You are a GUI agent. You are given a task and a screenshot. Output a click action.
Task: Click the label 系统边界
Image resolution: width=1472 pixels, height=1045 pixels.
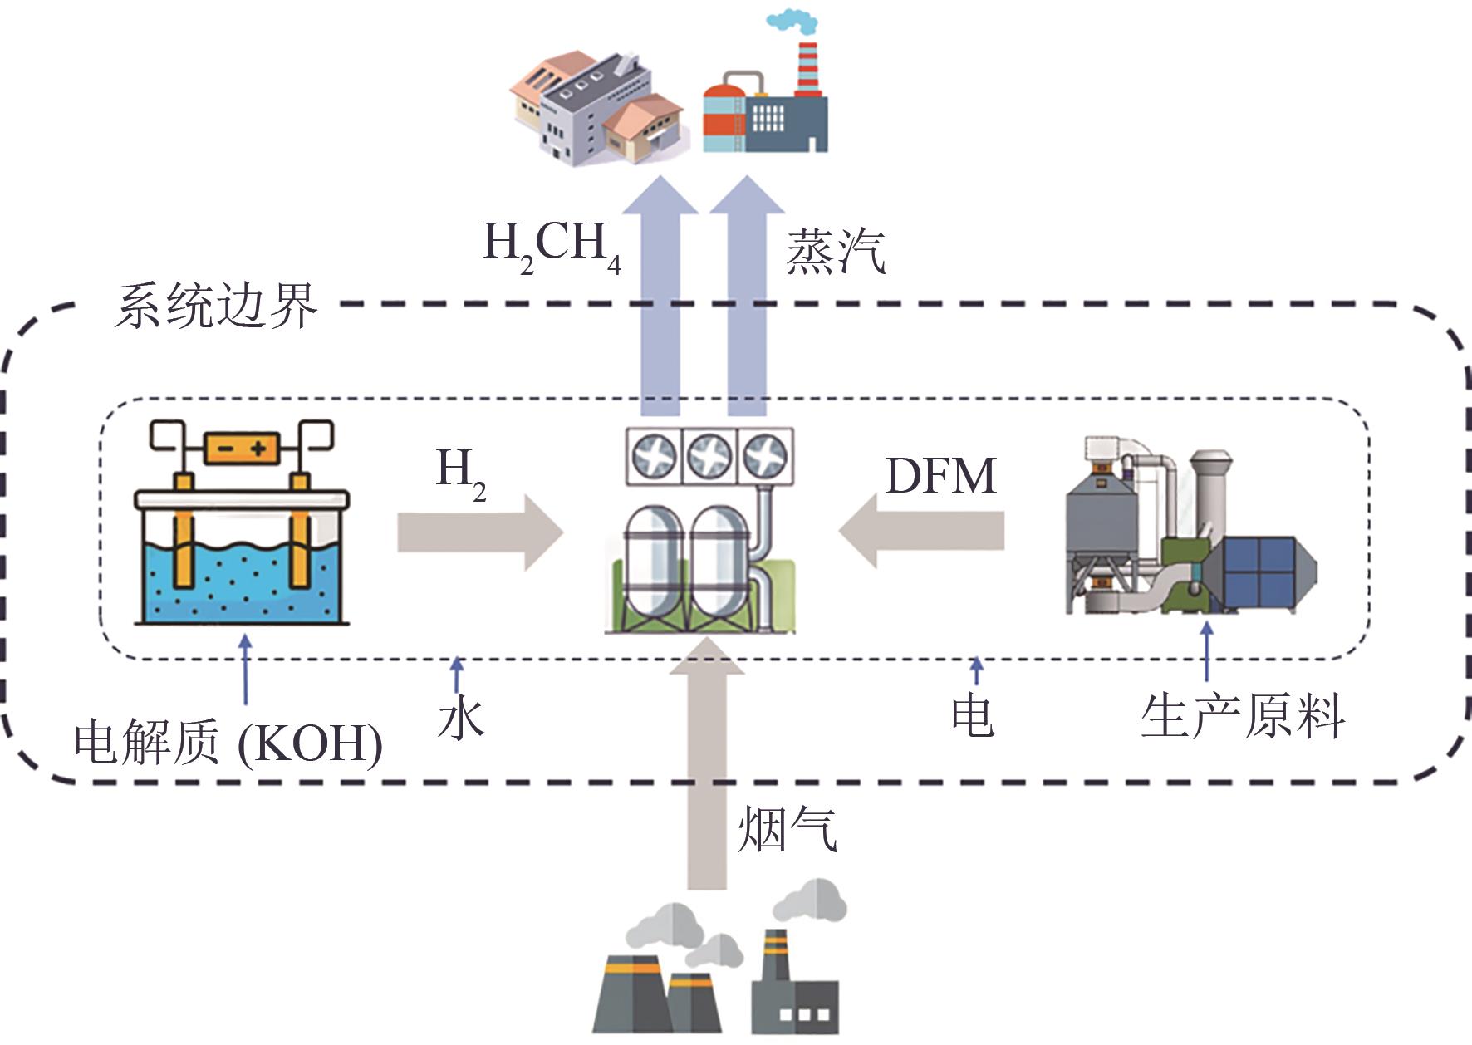215,306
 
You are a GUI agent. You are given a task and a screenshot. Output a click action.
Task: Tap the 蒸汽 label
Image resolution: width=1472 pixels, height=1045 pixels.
835,251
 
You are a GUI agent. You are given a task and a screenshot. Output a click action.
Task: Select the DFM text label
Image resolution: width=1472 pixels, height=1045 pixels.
940,476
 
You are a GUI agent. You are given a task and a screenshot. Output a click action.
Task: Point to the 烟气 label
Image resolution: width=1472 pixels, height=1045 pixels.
788,829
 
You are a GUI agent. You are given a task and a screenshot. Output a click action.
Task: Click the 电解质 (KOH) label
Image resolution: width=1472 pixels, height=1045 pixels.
228,742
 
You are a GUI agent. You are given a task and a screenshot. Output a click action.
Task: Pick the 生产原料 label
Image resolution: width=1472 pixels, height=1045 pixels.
1243,717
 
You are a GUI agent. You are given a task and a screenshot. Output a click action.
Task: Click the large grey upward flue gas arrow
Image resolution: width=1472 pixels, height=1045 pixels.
707,764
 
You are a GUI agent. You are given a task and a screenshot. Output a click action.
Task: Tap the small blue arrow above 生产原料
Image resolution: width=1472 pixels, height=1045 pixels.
1207,652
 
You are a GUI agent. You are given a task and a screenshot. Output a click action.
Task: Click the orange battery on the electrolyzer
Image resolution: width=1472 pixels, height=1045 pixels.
243,449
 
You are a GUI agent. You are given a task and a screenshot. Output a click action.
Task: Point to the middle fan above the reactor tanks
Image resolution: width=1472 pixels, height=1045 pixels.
709,456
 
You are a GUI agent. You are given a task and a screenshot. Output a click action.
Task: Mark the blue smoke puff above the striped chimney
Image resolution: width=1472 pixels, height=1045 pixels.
792,21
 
